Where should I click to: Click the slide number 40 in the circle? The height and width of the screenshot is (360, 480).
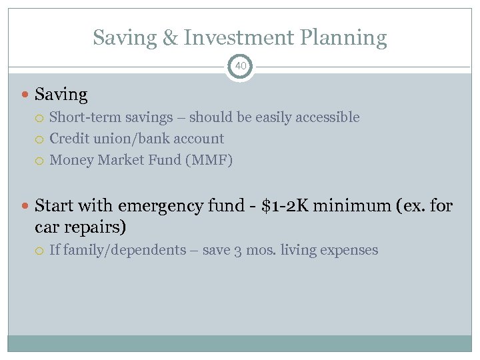[x=240, y=66]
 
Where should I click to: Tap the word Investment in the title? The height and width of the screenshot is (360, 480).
[x=239, y=38]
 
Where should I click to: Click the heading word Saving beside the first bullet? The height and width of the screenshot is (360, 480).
[x=61, y=95]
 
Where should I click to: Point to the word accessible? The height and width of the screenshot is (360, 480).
[x=327, y=117]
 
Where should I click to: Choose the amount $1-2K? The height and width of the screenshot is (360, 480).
[x=285, y=205]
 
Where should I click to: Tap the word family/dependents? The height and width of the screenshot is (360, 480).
[x=123, y=251]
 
